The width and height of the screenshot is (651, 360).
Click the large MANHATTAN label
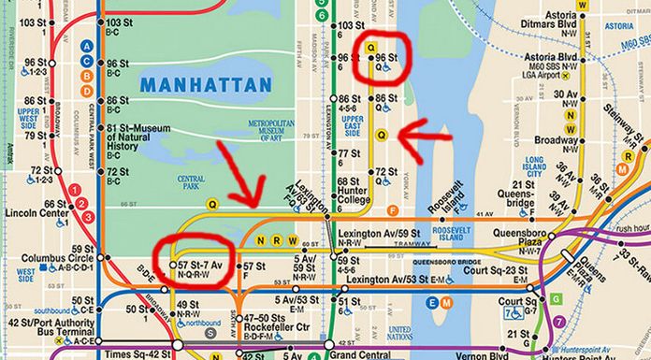(x=205, y=85)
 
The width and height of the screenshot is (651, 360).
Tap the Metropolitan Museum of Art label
(x=270, y=131)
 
